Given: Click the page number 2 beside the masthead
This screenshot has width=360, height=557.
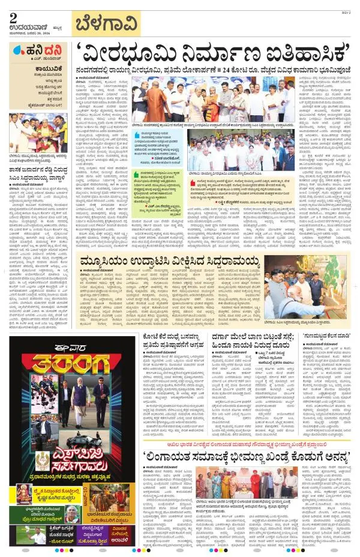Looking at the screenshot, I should click(13, 17).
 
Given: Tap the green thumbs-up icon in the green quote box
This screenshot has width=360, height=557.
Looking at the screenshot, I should click(139, 173).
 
